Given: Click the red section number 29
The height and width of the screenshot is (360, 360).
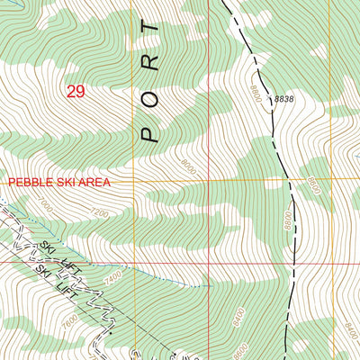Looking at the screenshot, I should (x=76, y=91).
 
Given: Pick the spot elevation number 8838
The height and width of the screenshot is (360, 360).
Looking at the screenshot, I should (x=284, y=99).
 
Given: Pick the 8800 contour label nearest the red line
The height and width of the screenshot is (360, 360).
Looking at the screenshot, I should (x=284, y=218).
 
